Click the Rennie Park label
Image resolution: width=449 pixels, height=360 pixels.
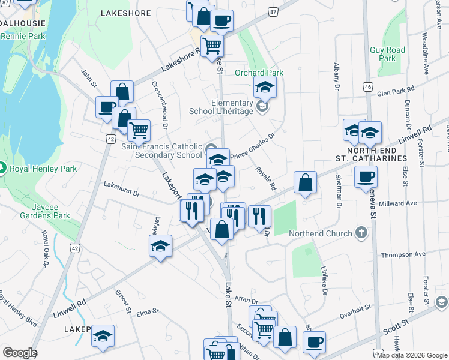[23, 36]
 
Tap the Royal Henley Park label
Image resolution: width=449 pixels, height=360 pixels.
[43, 169]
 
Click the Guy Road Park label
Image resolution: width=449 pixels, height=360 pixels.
[387, 54]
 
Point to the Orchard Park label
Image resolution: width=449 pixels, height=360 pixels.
[259, 73]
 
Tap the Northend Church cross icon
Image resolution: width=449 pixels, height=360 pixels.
[361, 232]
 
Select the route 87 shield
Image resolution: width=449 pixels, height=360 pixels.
[273, 12]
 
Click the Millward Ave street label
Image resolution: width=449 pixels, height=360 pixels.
[403, 203]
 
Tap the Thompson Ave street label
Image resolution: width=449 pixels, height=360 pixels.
[403, 254]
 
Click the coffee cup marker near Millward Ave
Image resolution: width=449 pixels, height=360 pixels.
[366, 177]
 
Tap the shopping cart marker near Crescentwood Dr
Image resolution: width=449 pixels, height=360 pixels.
[139, 129]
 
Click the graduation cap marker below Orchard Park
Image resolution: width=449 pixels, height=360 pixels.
[264, 88]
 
